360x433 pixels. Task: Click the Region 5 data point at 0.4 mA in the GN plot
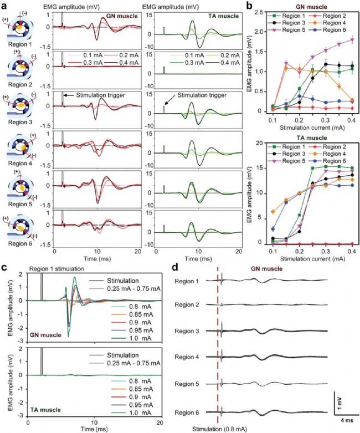[x=352, y=40]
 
